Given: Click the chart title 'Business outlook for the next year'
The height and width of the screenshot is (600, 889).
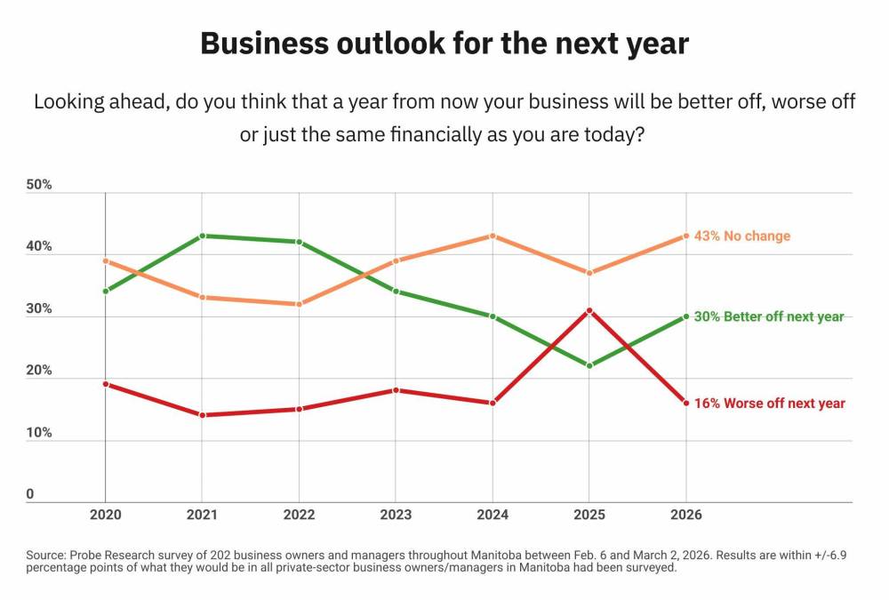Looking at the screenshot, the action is pyautogui.click(x=444, y=44).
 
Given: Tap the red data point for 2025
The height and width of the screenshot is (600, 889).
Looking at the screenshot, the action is pyautogui.click(x=589, y=311).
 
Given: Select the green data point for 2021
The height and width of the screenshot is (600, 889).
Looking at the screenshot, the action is pyautogui.click(x=203, y=236).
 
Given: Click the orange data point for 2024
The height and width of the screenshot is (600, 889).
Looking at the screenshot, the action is pyautogui.click(x=493, y=236).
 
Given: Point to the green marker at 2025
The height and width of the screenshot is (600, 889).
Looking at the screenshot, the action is pyautogui.click(x=589, y=366).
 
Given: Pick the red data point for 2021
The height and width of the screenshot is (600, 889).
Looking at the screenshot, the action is pyautogui.click(x=203, y=415).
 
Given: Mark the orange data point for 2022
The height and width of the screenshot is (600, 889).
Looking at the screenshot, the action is pyautogui.click(x=299, y=304).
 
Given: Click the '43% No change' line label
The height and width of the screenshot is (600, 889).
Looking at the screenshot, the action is pyautogui.click(x=742, y=236).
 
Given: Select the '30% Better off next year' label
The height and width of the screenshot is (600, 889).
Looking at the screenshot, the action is pyautogui.click(x=769, y=316).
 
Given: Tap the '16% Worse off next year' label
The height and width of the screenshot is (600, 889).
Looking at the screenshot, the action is pyautogui.click(x=770, y=404).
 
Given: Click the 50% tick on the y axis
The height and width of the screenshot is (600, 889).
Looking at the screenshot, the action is pyautogui.click(x=39, y=185).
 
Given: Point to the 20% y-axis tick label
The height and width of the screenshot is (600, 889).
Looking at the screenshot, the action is pyautogui.click(x=39, y=371).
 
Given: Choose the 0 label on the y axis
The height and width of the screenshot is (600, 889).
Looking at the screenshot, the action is pyautogui.click(x=30, y=494).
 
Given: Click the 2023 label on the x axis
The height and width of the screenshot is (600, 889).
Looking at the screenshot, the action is pyautogui.click(x=396, y=515).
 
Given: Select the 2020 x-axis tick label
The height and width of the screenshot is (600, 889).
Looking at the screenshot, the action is pyautogui.click(x=106, y=515).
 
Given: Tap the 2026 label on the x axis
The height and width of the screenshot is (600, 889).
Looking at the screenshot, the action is pyautogui.click(x=686, y=515).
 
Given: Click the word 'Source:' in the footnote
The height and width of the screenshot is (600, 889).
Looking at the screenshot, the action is pyautogui.click(x=46, y=556).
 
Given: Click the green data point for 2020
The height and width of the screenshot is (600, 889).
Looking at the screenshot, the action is pyautogui.click(x=106, y=292).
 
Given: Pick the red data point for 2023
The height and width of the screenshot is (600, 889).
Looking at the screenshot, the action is pyautogui.click(x=396, y=390).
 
